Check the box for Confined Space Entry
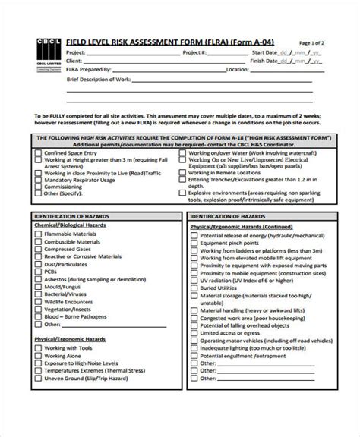(36, 151)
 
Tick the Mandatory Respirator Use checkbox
(36, 178)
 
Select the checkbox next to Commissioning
(36, 186)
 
